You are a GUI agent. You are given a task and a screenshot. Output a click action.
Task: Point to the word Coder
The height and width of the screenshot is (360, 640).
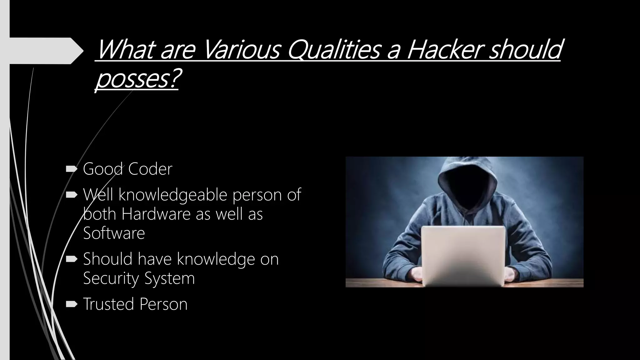pyautogui.click(x=150, y=169)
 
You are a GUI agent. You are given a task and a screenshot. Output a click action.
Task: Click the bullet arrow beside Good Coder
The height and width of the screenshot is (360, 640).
pyautogui.click(x=72, y=169)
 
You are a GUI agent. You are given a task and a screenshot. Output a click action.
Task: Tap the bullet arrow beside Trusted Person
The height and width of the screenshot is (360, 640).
pyautogui.click(x=72, y=304)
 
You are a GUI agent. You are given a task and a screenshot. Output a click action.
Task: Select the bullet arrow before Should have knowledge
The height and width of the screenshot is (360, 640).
pyautogui.click(x=72, y=259)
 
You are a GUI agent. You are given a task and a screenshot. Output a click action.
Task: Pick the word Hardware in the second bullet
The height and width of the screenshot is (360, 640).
pyautogui.click(x=156, y=214)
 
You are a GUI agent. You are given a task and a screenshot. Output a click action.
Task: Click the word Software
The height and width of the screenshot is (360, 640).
pyautogui.click(x=114, y=233)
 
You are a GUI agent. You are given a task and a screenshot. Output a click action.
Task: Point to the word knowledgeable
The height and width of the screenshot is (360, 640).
pyautogui.click(x=172, y=195)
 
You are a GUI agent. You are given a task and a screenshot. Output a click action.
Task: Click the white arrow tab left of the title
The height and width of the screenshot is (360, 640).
pyautogui.click(x=44, y=51)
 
